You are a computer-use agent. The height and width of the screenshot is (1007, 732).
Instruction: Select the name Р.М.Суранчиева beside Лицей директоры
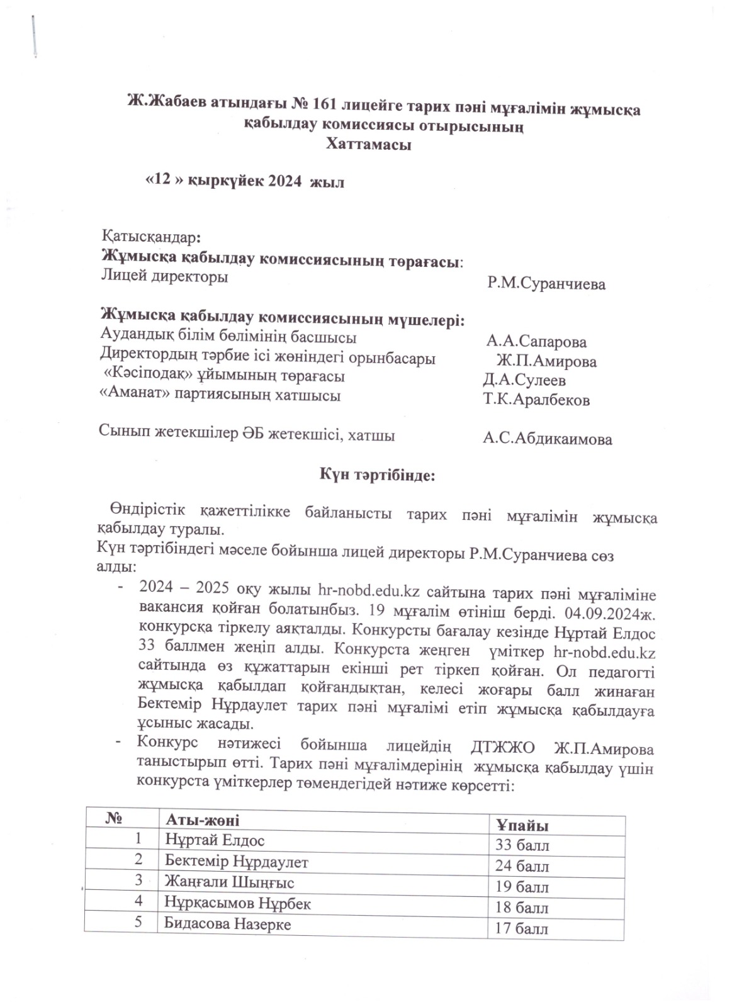546,284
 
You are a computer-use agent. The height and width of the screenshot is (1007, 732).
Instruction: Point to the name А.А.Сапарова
536,342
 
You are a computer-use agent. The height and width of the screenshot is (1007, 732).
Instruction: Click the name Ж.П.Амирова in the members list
546,361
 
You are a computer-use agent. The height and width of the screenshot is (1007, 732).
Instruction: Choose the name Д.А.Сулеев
524,380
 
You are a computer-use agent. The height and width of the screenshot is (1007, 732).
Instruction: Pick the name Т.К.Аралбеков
536,400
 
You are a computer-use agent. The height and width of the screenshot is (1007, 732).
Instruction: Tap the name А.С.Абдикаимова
547,439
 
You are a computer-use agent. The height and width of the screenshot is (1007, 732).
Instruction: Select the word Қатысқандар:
152,237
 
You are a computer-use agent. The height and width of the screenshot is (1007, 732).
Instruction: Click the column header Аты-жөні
202,820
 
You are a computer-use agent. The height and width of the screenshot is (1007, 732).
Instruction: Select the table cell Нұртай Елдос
215,840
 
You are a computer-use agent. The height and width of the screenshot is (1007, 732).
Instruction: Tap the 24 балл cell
522,867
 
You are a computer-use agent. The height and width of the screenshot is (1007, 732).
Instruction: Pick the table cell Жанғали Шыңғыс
229,882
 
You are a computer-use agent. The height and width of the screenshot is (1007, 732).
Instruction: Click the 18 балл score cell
522,908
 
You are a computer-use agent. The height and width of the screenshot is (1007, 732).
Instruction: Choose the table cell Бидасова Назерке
228,925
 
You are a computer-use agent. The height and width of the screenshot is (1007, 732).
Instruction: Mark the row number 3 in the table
138,880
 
